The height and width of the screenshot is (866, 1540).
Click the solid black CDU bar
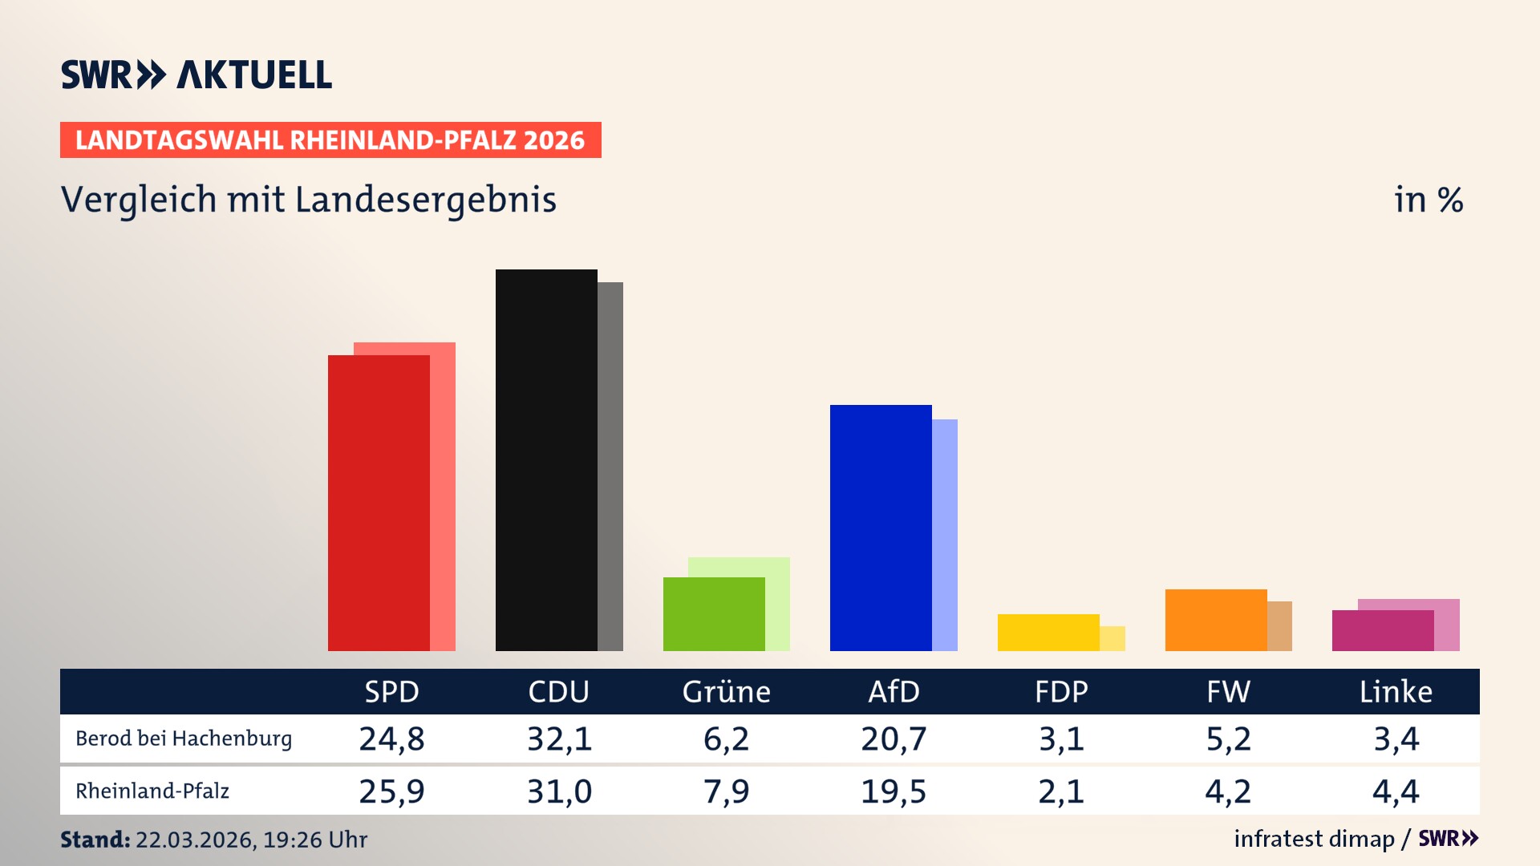pos(546,460)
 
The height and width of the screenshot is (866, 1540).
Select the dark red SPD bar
pos(379,503)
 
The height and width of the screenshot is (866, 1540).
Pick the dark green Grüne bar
pos(714,614)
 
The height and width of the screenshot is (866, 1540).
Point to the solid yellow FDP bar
pos(1048,633)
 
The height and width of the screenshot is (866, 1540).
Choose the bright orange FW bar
pos(1216,620)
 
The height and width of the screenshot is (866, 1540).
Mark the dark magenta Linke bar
pos(1383,631)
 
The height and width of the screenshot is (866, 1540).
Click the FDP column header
pos(1061,692)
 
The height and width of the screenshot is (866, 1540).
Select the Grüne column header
pos(726,692)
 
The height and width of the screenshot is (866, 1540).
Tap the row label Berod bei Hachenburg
pos(184,739)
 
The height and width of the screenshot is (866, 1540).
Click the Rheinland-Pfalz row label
pos(152,791)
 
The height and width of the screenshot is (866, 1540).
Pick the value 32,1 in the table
pos(559,739)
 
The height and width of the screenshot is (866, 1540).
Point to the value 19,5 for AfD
pos(894,791)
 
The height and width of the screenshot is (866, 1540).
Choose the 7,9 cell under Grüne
pos(726,791)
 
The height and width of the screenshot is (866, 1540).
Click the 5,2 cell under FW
pos(1228,739)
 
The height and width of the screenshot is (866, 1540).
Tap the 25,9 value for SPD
pos(391,791)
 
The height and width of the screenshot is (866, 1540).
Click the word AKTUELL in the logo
pos(254,75)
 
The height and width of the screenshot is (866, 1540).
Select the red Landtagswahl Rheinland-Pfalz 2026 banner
pos(330,140)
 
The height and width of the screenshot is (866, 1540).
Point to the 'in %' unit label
pos(1429,200)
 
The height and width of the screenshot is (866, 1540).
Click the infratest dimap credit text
pos(1314,839)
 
